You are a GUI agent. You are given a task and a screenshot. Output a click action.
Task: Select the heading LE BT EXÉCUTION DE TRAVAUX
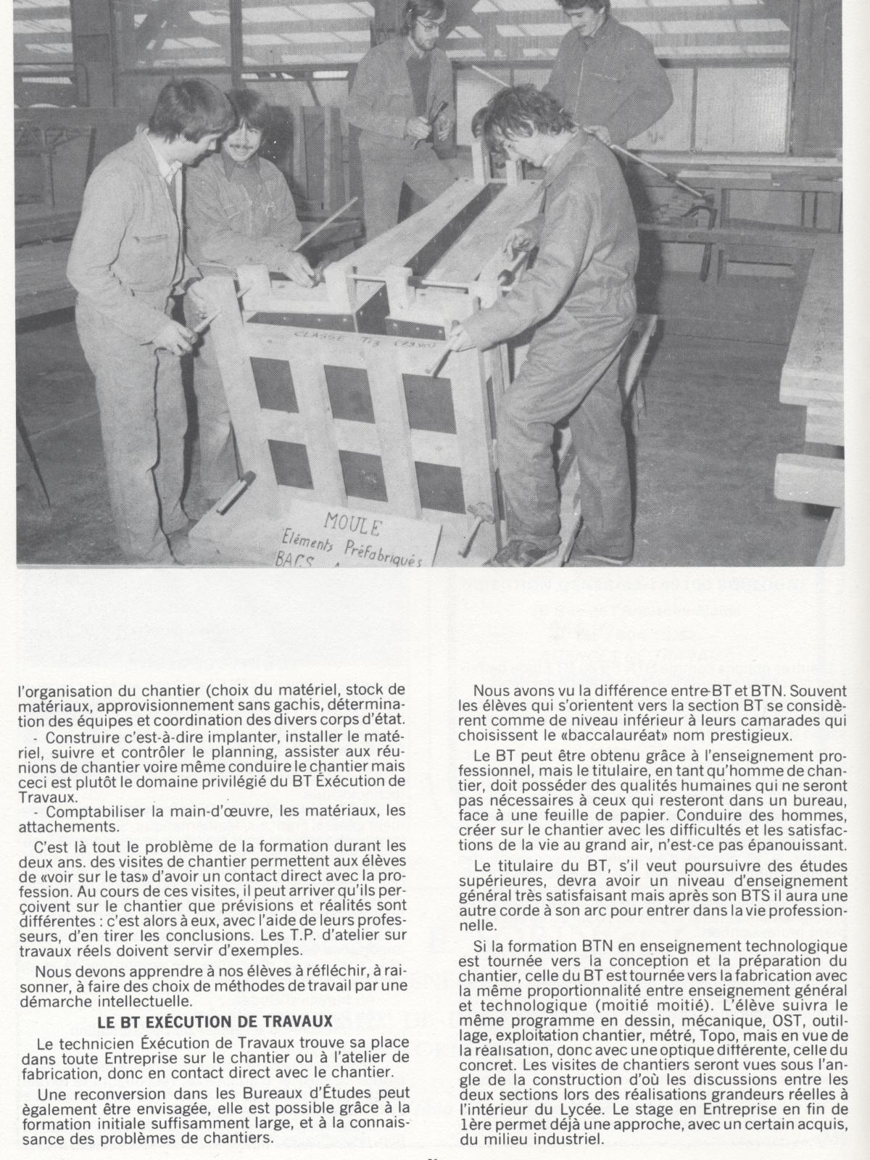pyautogui.click(x=215, y=1022)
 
